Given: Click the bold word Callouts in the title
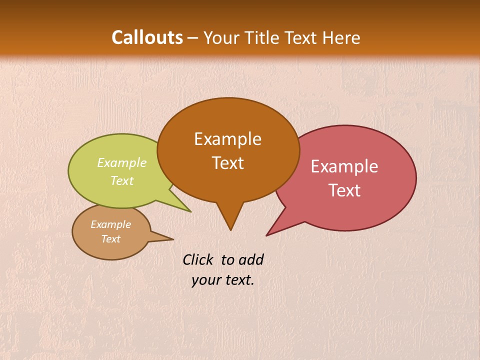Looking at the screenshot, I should coord(147,37).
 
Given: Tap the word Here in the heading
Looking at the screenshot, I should coord(342,37).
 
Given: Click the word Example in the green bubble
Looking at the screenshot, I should coord(122,162).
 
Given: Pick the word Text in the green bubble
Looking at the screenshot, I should coord(122,180).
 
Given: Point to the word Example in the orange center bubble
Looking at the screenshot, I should coord(227,139).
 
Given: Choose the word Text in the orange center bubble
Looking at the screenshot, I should coord(228,163).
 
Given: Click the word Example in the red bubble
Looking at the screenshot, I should coord(344,166).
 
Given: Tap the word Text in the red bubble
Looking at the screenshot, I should coord(344,190).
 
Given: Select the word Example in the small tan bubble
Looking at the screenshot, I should coord(110,224).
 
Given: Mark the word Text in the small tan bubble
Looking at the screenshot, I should coord(111,239).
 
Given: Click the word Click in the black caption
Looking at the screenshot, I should coord(198,259).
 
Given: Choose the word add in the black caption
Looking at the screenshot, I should coord(251,259).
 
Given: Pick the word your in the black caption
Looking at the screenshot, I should coord(205,280).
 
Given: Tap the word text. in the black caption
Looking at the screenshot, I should coord(238,280).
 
